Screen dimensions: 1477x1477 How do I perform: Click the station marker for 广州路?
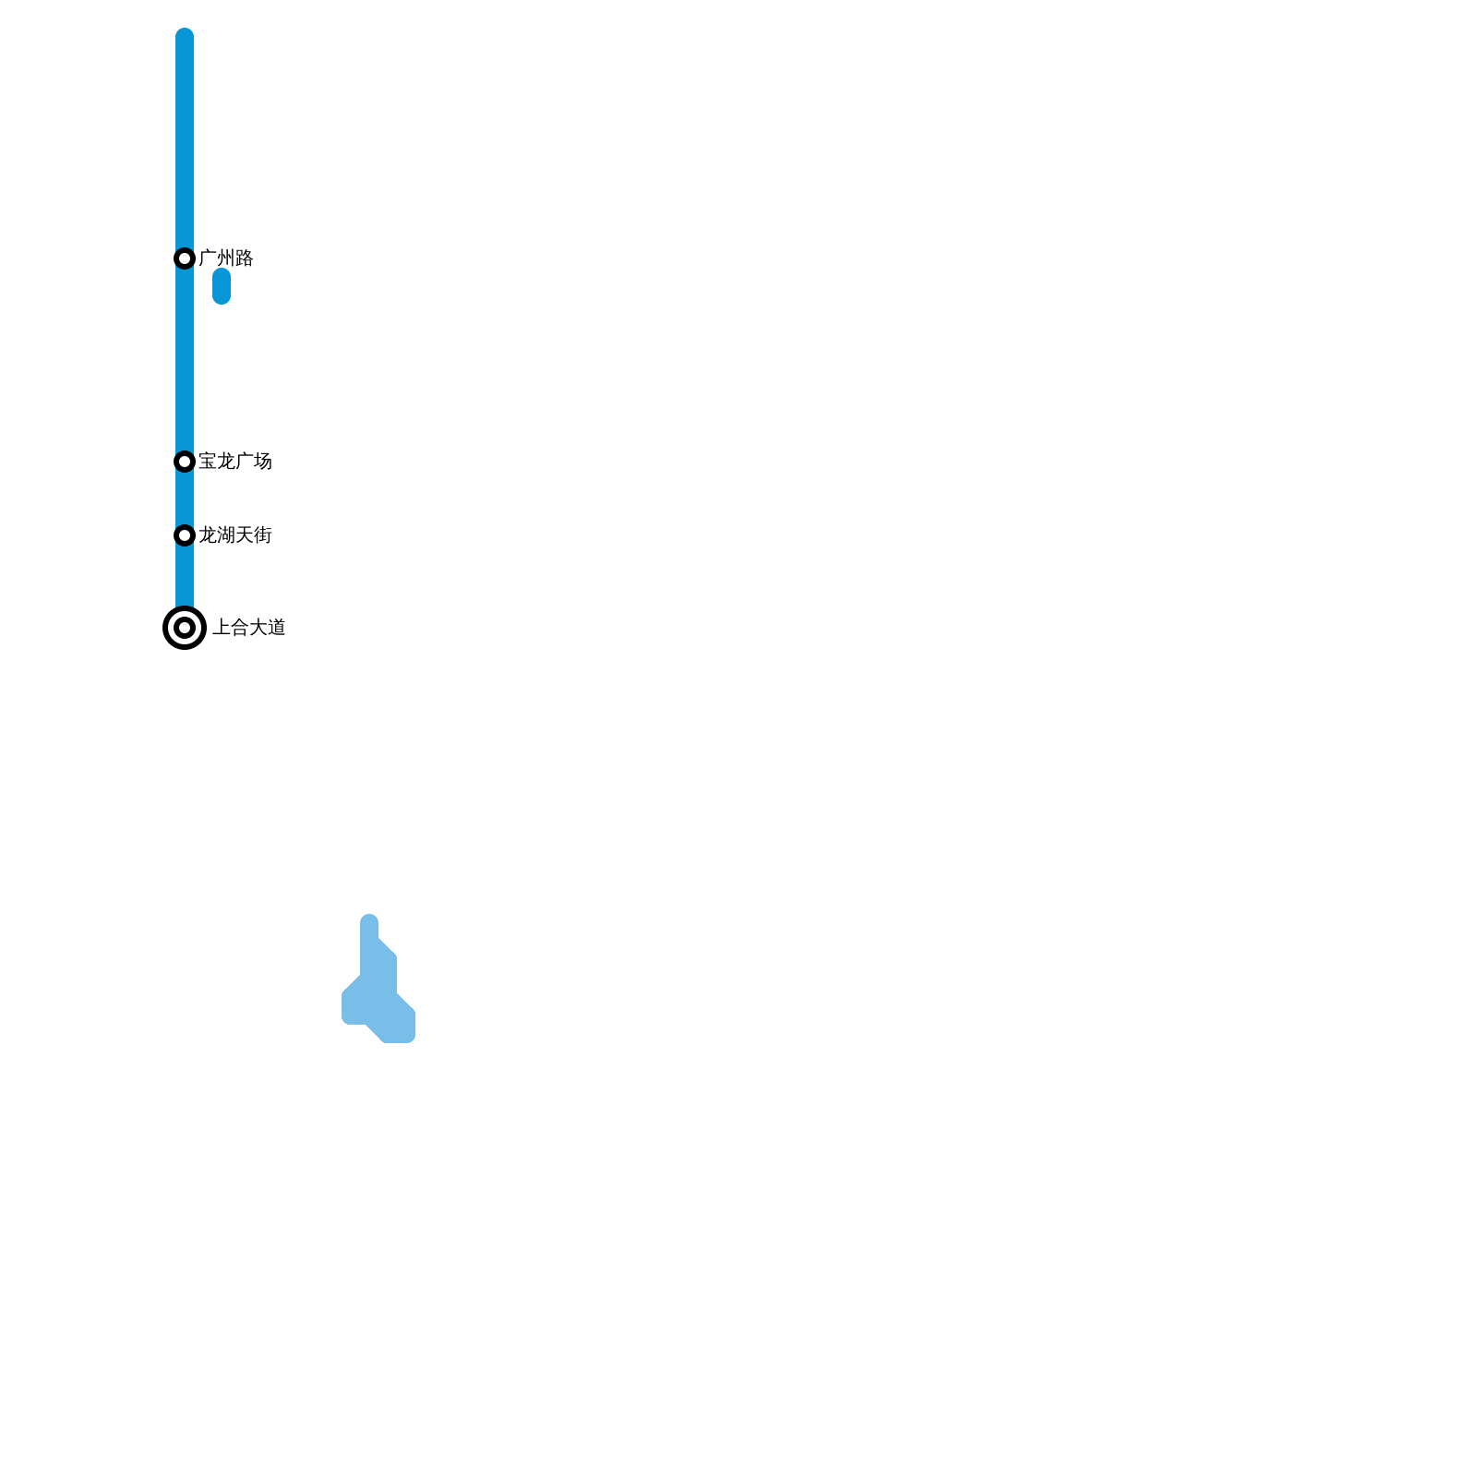point(185,258)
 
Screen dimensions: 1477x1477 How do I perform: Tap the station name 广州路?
point(225,258)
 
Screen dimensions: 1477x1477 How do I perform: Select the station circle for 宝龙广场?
point(185,462)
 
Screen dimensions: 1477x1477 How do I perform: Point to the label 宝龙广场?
point(234,462)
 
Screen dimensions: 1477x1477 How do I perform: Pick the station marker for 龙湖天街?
point(185,535)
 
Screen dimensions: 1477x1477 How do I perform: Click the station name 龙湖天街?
point(234,535)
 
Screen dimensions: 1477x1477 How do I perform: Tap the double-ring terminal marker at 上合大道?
point(185,628)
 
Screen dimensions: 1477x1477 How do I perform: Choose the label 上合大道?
point(249,628)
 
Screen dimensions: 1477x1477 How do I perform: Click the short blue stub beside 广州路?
point(222,286)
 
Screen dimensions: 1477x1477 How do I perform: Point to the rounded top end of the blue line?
point(185,37)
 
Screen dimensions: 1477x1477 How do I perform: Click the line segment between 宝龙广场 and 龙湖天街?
point(185,498)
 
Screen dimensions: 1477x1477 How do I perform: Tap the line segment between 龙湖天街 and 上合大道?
point(185,577)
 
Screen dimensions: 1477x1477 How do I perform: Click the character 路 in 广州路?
point(245,258)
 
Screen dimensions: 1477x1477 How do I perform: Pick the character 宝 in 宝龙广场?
point(208,462)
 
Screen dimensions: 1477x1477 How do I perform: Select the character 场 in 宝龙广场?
point(263,462)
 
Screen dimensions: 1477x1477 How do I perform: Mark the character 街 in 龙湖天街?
point(263,535)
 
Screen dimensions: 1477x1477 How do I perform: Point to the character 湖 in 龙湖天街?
point(226,535)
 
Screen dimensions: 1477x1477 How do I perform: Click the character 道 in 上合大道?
point(277,628)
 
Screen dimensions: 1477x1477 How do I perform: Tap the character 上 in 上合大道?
point(222,628)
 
